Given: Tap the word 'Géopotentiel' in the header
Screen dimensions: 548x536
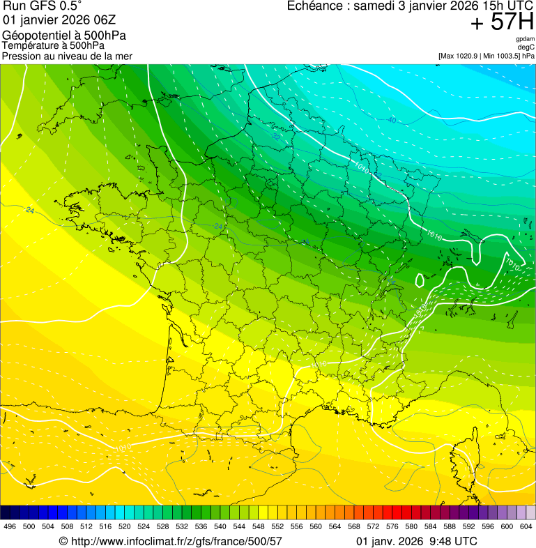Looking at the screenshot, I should pos(34,36).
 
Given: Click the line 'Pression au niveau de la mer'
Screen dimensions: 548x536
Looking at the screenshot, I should pos(67,56).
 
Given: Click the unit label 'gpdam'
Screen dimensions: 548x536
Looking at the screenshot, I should pos(525,39).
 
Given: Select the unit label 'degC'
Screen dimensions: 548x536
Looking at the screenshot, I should pos(526,47).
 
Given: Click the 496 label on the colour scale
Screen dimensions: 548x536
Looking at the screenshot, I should pos(10,526).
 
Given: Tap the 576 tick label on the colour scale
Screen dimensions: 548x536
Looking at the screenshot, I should pos(392,526).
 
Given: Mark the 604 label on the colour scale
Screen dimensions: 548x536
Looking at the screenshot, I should pos(526,526).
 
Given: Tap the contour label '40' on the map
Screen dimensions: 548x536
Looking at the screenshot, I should pos(392,120).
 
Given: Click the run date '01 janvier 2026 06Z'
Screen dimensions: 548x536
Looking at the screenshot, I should pos(56,20).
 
